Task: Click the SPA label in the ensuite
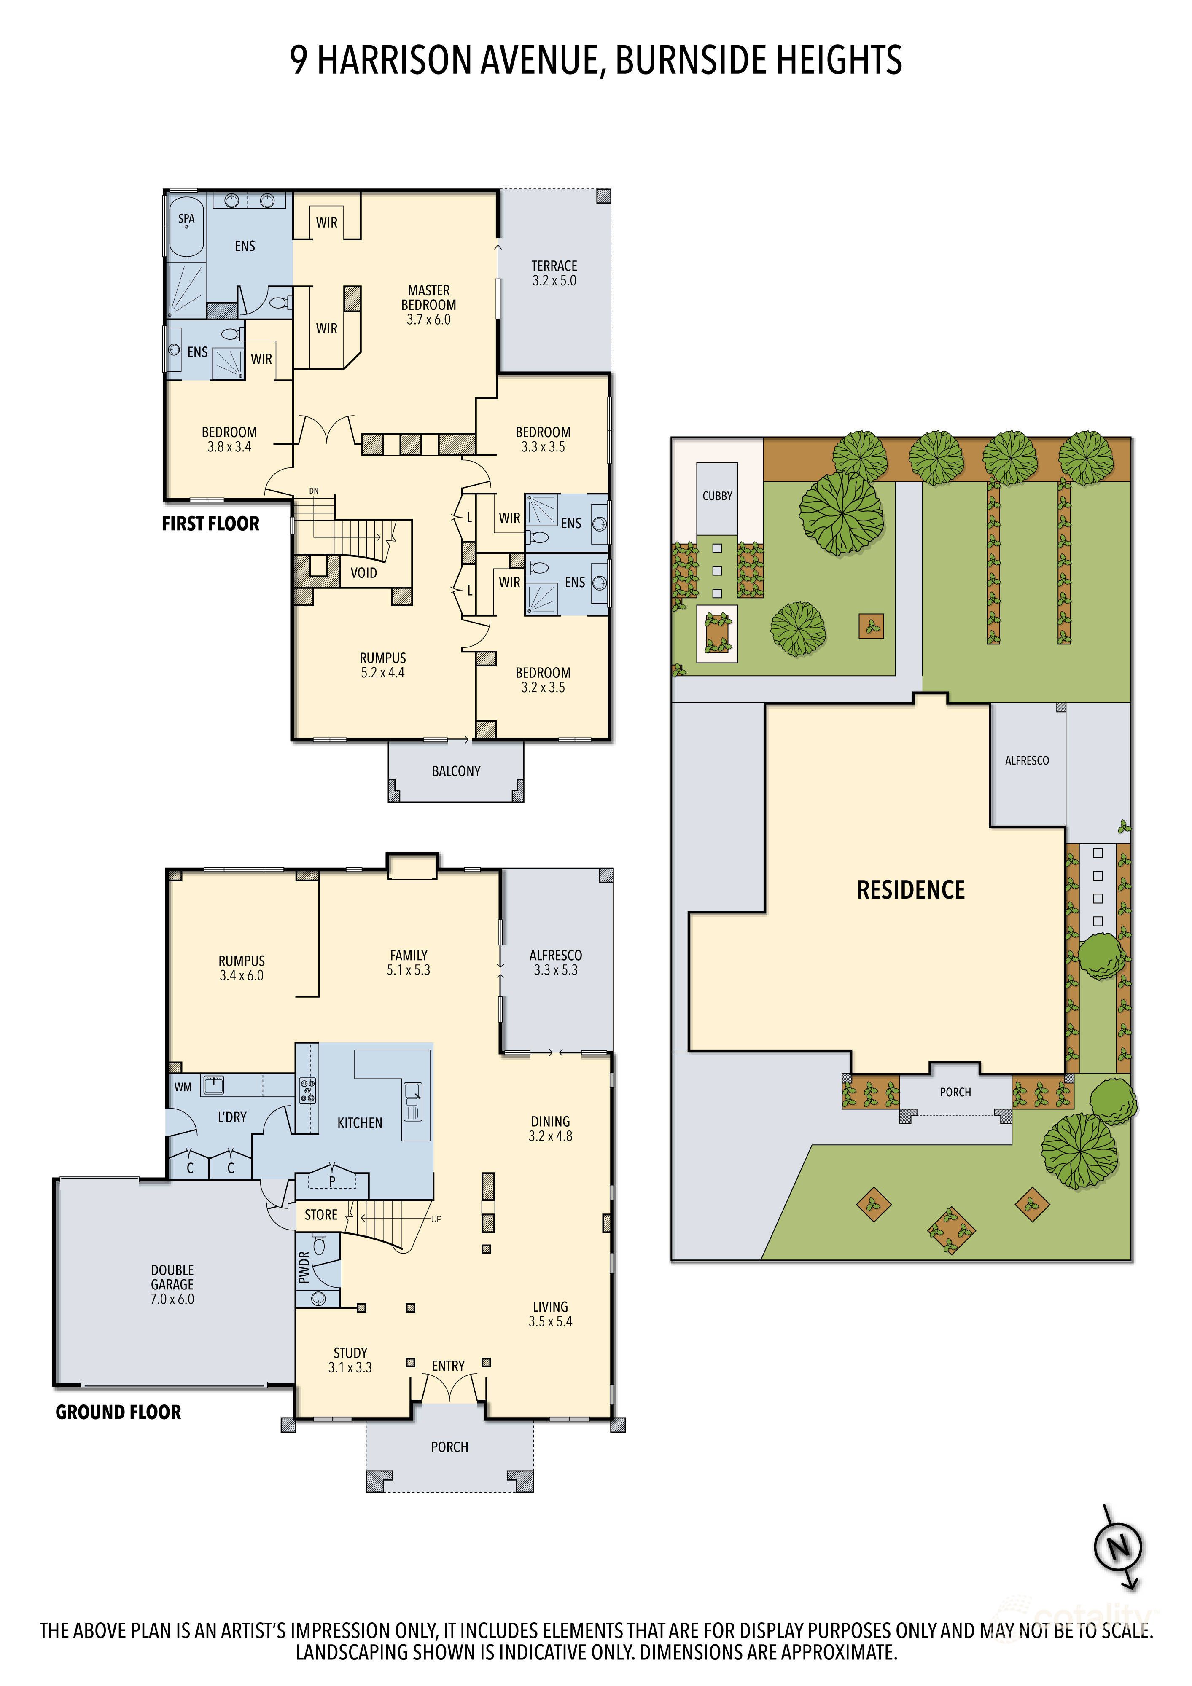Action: [x=186, y=219]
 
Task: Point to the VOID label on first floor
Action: [x=363, y=573]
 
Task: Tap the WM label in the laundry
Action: [x=183, y=1087]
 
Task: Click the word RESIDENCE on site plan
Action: [x=911, y=890]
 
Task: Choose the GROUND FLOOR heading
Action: [x=118, y=1412]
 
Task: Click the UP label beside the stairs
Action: [x=436, y=1219]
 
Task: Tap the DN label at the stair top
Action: [x=314, y=491]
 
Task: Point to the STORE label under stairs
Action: [x=321, y=1215]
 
